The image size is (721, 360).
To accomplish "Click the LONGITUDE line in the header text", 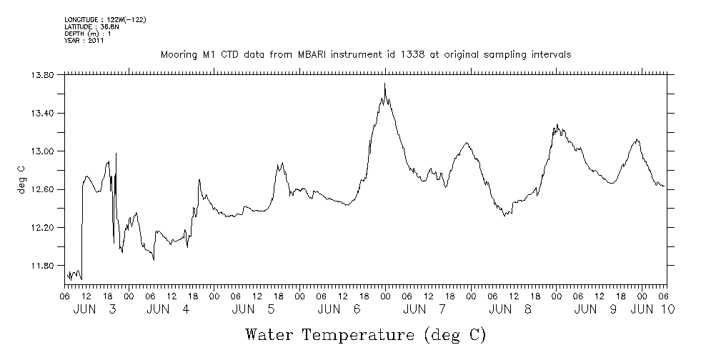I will pos(106,19).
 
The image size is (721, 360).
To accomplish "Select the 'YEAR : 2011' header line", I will pos(84,41).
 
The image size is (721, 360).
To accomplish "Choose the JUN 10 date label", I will pos(655,309).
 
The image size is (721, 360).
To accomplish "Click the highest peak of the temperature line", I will pos(384,84).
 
